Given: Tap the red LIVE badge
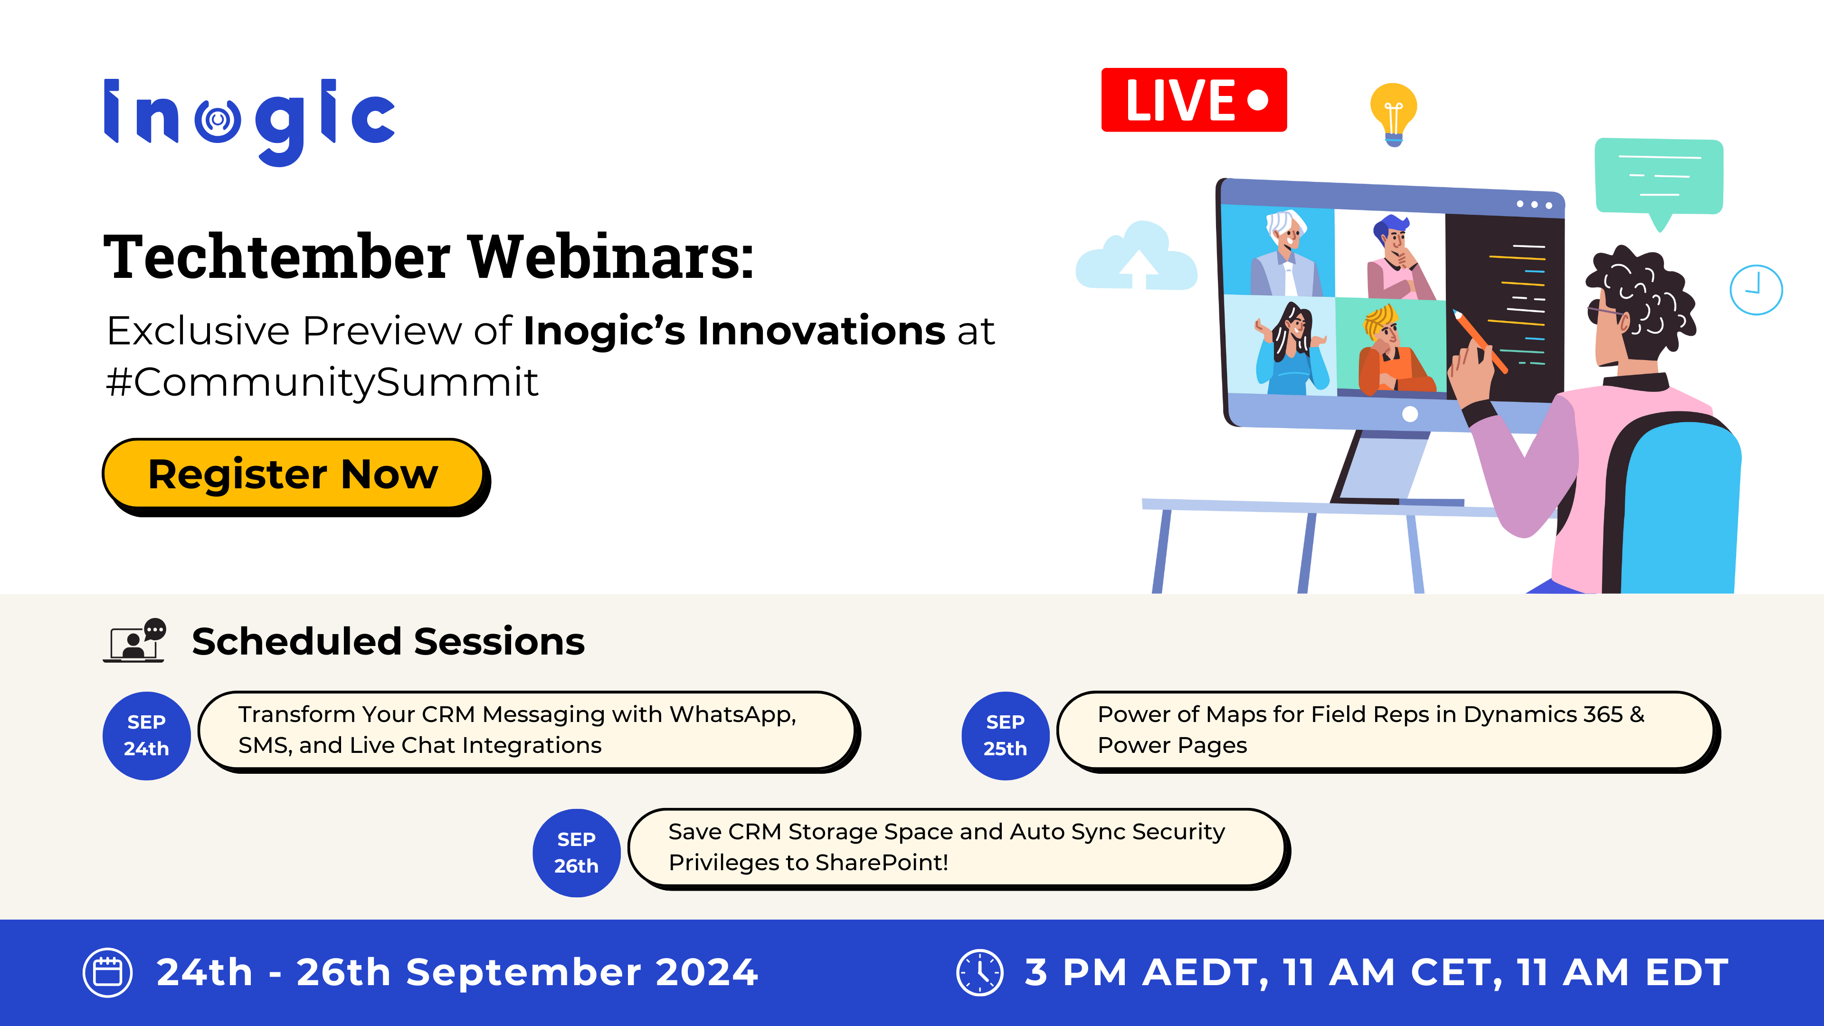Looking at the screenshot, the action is (x=1194, y=100).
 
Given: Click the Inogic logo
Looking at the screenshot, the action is (x=249, y=122).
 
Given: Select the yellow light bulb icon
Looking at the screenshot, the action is (x=1394, y=114).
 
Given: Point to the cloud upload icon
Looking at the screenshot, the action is (x=1136, y=256).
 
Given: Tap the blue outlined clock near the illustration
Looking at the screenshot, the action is (x=1756, y=290).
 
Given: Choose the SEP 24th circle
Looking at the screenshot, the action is (x=147, y=736).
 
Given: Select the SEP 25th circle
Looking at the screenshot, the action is (x=1006, y=736).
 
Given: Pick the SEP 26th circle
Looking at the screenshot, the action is (x=576, y=853).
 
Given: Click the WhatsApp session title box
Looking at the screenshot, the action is (x=529, y=731).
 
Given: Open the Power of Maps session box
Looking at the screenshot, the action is (x=1388, y=731).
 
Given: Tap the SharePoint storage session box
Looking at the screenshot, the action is (x=959, y=848).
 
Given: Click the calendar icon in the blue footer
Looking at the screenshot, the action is (x=108, y=972).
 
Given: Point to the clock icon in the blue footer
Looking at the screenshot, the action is (x=980, y=972).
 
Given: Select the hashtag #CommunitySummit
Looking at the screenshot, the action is (x=322, y=382).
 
